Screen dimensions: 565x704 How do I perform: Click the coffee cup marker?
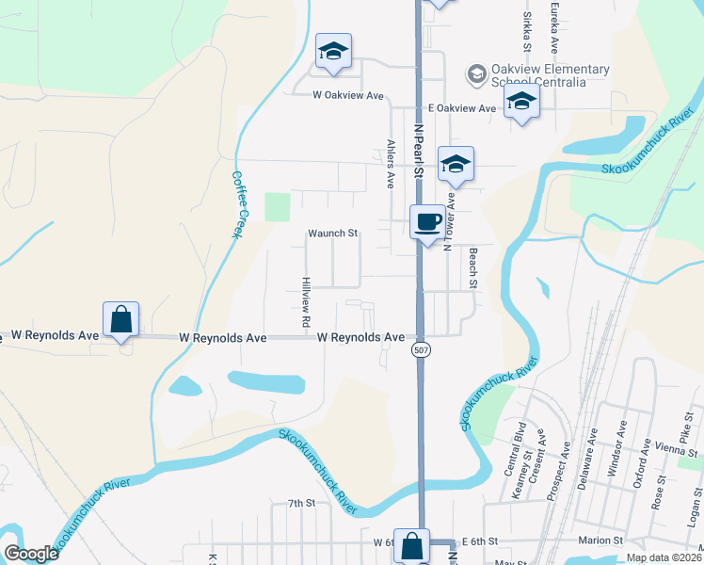(427, 222)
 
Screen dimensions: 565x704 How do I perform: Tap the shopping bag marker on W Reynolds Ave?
(121, 319)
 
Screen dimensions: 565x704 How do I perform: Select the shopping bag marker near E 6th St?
(411, 545)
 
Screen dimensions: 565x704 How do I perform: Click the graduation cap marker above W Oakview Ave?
(333, 52)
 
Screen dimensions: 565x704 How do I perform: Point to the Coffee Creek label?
(238, 203)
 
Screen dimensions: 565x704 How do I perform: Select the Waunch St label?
(333, 233)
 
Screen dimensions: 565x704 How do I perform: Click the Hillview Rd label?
(306, 302)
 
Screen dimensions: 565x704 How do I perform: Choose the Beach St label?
(473, 267)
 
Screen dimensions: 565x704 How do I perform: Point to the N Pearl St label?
(418, 151)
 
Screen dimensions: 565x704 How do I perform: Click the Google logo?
(31, 554)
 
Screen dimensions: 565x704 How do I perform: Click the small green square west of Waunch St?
(278, 206)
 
